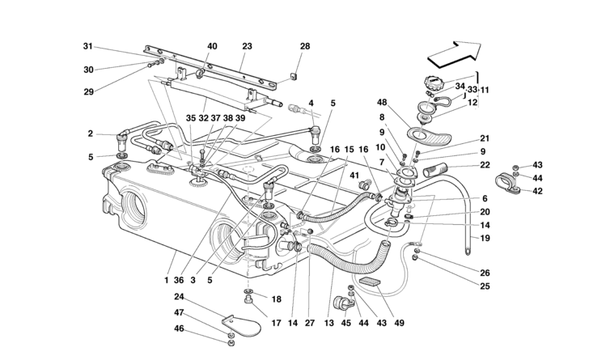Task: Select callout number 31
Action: point(88,46)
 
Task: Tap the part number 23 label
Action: point(246,46)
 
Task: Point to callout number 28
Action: point(304,46)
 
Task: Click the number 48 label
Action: point(383,103)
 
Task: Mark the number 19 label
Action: point(485,239)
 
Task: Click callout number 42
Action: point(538,191)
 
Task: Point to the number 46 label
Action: point(178,328)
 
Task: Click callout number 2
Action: point(91,133)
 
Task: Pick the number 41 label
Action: point(354,176)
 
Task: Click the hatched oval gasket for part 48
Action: point(427,136)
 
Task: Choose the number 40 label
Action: point(212,46)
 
